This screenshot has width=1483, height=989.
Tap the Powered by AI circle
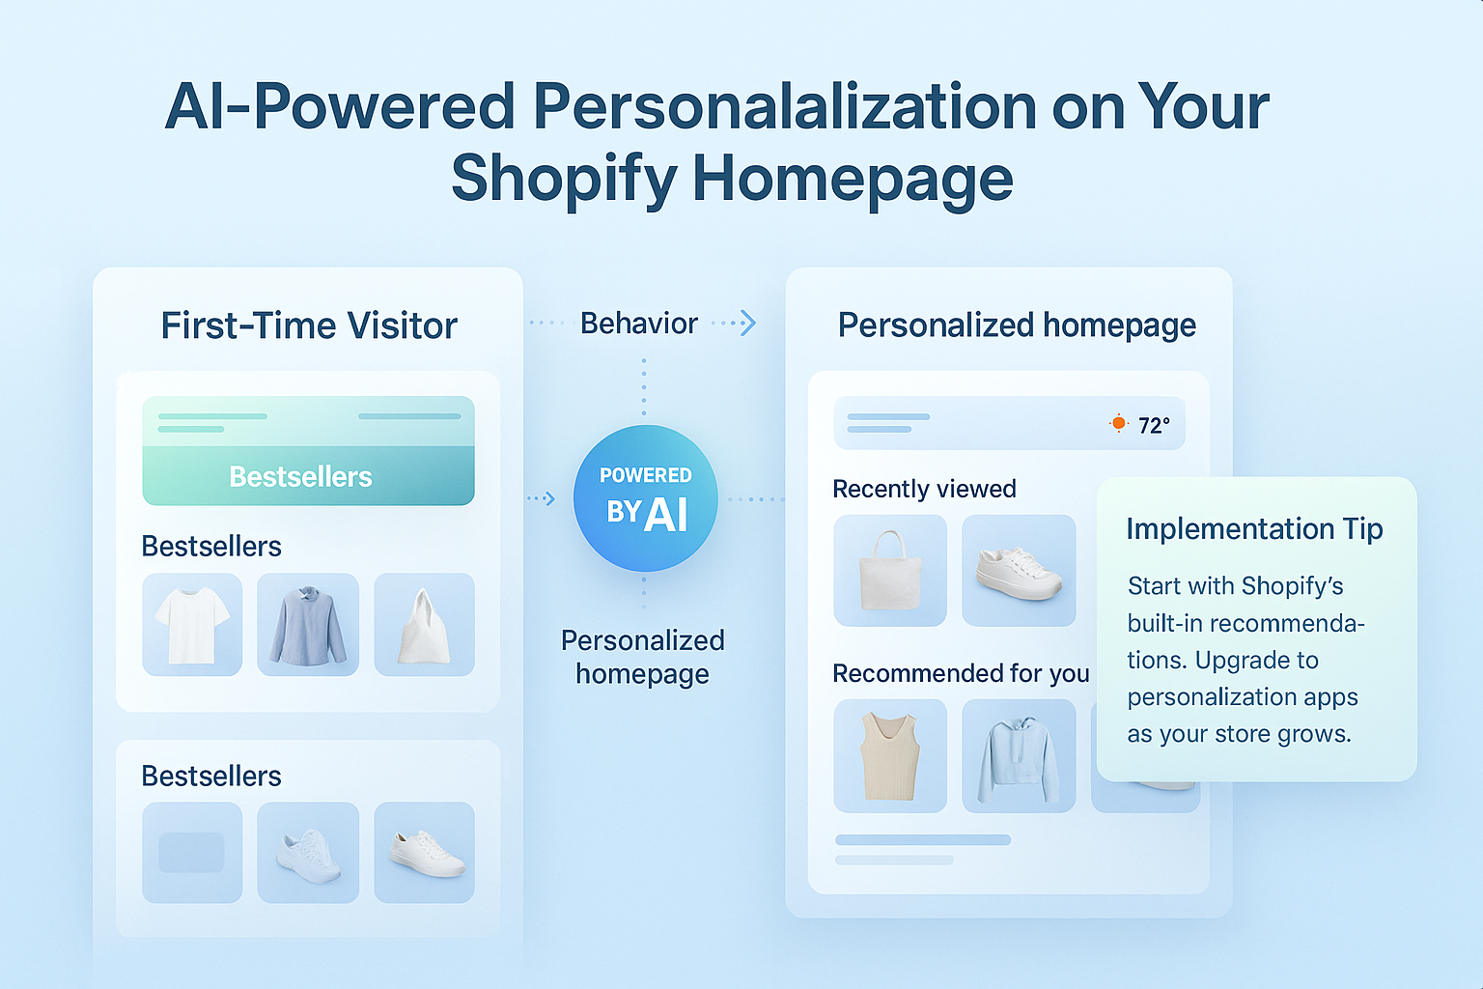coord(645,498)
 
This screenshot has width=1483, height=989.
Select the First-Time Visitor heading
coord(309,326)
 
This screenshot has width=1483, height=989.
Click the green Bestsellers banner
coord(308,451)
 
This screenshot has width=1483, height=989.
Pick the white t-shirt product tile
coord(192,625)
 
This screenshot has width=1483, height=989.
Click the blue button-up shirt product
coord(308,625)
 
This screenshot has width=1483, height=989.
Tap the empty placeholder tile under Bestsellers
coord(192,853)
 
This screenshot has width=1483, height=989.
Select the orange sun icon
coord(1118,423)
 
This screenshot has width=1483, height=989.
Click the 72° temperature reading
coord(1154,426)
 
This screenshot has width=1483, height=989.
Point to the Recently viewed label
coord(924,490)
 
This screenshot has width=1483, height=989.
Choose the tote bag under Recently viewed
coord(889,571)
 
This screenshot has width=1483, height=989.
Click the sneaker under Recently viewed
coord(1019,571)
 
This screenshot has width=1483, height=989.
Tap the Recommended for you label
coord(961,673)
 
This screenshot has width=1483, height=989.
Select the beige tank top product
coord(889,756)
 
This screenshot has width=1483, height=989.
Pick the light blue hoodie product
coord(1019,756)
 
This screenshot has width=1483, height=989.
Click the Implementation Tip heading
coord(1254,529)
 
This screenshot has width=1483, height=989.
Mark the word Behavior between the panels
coord(638,324)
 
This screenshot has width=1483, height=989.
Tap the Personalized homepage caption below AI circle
coord(643,657)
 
